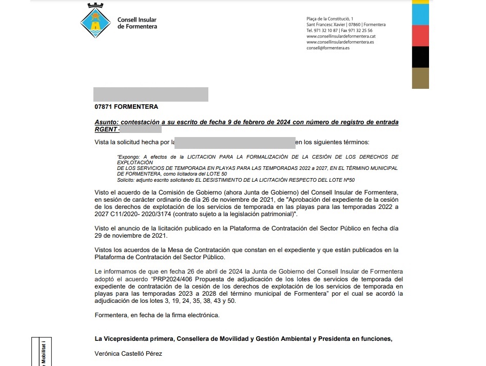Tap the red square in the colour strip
420,35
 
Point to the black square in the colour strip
420,57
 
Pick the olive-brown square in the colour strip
420,78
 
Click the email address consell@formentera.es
327,48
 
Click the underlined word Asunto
106,122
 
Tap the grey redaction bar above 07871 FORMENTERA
151,94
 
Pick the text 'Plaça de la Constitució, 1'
329,19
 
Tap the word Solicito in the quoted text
126,180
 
